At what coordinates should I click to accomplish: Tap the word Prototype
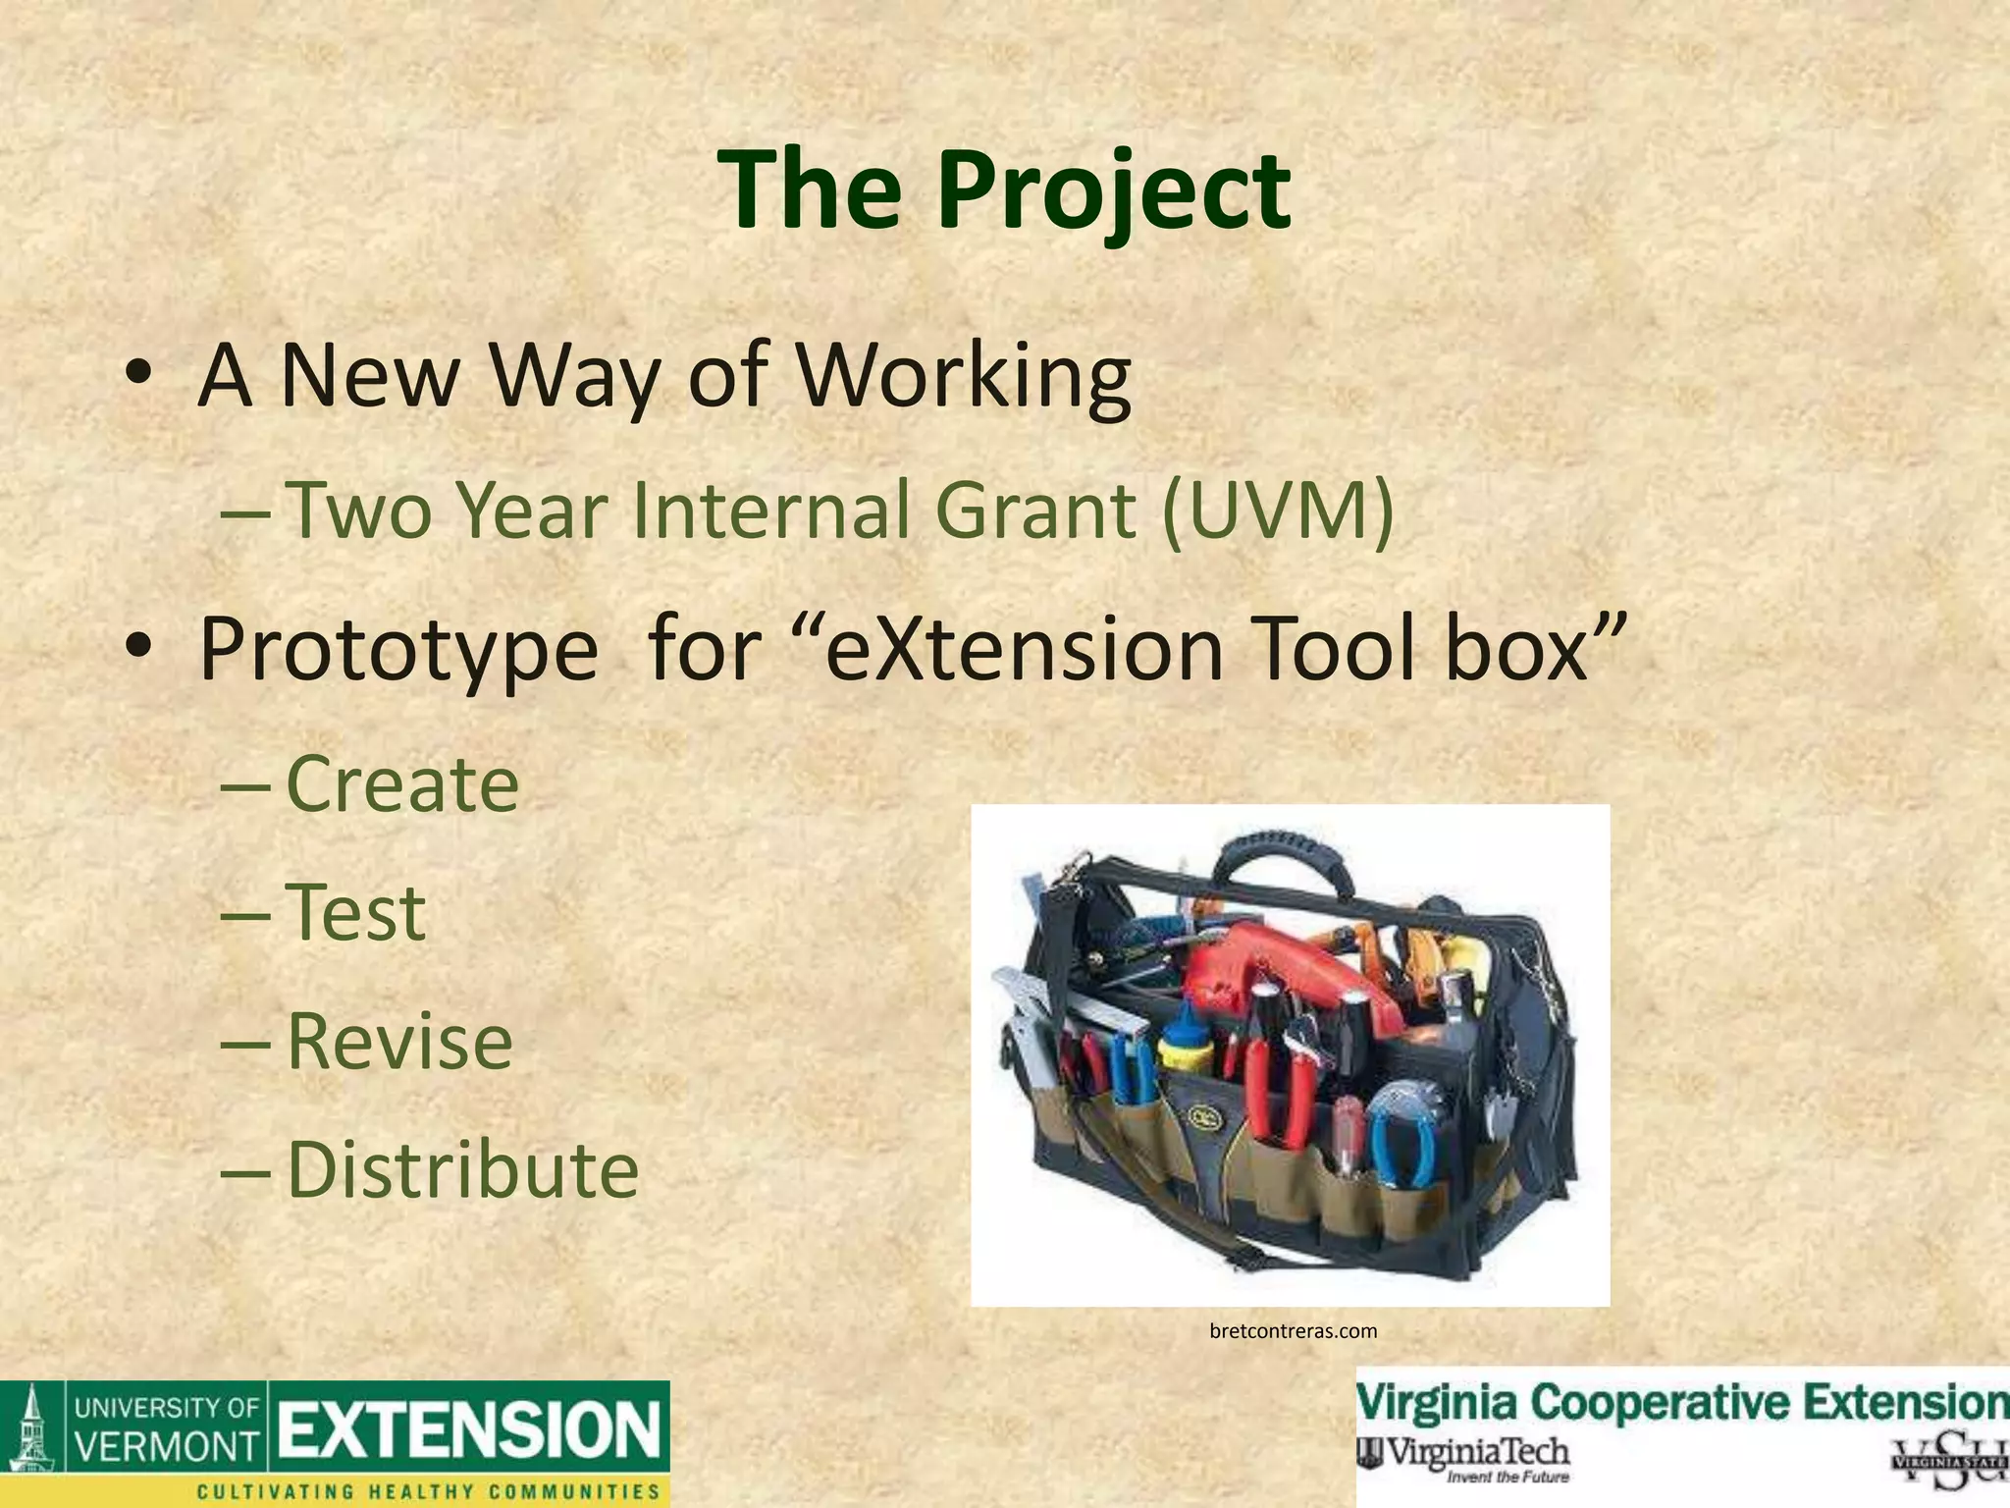point(397,650)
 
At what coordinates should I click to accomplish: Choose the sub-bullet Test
point(355,912)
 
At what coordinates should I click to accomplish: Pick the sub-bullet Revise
point(398,1041)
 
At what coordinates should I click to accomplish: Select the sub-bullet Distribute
point(461,1169)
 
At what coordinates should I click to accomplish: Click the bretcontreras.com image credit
point(1293,1331)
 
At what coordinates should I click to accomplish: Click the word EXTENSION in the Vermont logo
point(469,1429)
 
